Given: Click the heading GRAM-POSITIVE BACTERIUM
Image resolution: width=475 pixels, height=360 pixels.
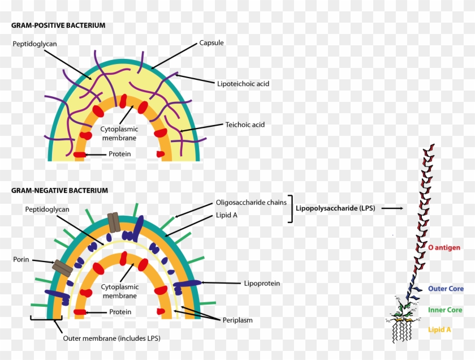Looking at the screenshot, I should click(x=58, y=25).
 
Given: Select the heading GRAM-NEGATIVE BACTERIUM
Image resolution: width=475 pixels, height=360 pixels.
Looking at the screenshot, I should click(x=59, y=191).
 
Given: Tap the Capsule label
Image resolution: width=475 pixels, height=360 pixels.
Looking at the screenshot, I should click(x=211, y=43).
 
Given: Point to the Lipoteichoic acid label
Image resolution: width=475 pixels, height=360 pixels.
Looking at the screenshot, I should click(x=243, y=84).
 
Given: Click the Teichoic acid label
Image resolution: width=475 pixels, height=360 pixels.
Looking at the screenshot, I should click(x=245, y=125).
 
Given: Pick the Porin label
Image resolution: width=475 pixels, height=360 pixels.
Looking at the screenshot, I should click(x=21, y=260).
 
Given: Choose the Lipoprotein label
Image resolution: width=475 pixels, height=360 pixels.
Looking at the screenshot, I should click(x=262, y=283).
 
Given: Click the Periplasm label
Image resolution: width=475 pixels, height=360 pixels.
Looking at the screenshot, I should click(x=238, y=320).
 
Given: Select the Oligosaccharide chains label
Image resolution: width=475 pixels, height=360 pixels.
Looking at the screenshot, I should click(x=251, y=203).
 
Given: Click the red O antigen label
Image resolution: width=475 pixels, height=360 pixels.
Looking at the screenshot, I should click(x=444, y=247).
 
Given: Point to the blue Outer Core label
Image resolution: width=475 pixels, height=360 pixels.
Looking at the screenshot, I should click(x=446, y=289).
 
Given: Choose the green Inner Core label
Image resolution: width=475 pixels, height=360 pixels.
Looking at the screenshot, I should click(x=445, y=310).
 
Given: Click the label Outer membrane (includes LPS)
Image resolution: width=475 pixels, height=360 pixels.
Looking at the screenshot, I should click(x=111, y=338).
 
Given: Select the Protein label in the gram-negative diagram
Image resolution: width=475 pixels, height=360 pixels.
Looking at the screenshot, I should click(x=120, y=312).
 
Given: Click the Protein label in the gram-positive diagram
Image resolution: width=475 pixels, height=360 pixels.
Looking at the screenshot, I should click(x=120, y=154).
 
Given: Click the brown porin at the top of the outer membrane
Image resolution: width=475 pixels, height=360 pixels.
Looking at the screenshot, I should click(x=114, y=222).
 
